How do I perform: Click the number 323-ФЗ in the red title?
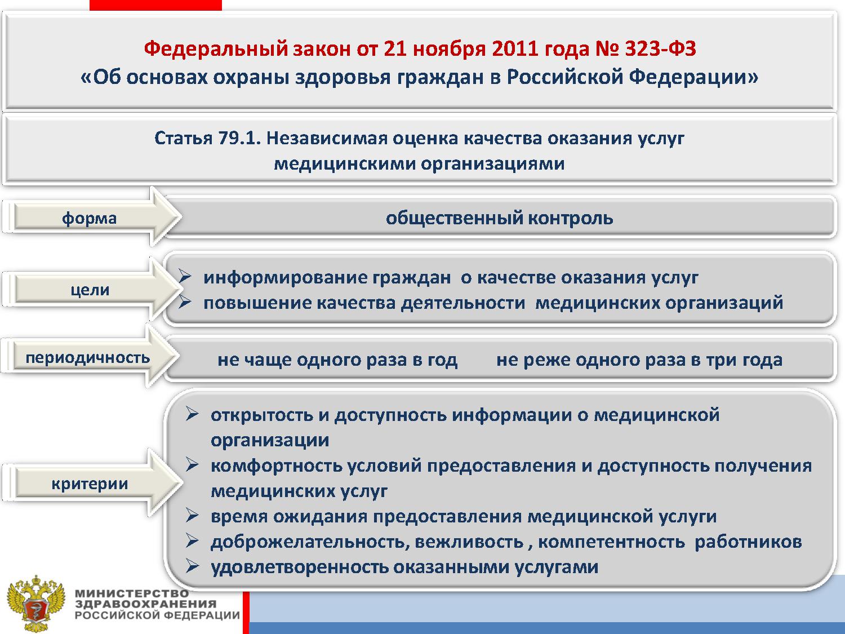(660, 49)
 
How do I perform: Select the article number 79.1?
(239, 138)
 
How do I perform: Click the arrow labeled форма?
(92, 217)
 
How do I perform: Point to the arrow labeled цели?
(92, 289)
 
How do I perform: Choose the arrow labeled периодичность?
(91, 357)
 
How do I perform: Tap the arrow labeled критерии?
(92, 483)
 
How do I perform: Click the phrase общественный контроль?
(499, 218)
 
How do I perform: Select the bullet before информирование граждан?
(185, 276)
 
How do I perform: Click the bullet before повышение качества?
(185, 302)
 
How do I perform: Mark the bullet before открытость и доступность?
(192, 414)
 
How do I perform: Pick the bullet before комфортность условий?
(192, 464)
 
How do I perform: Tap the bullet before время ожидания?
(192, 516)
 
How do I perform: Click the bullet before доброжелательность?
(192, 541)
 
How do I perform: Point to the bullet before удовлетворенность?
(192, 566)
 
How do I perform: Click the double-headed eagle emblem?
(36, 604)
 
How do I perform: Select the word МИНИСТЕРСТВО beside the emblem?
(132, 593)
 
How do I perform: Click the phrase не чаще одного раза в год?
(337, 360)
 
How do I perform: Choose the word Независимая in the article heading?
(326, 138)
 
